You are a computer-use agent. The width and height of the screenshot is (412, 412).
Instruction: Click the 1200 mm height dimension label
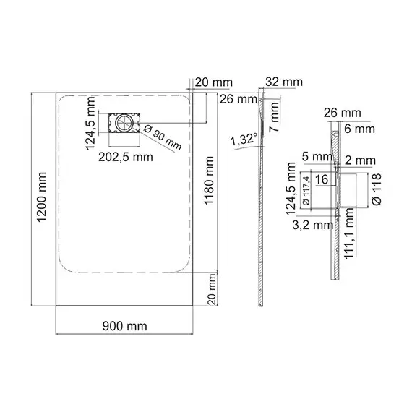coord(41,197)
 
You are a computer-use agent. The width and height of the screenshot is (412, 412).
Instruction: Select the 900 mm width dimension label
coord(125,326)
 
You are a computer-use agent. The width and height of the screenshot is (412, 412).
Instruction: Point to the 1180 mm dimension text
coord(209,181)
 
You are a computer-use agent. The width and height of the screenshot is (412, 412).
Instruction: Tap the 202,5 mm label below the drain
coord(126,157)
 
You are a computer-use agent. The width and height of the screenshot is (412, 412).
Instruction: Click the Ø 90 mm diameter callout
coord(163,137)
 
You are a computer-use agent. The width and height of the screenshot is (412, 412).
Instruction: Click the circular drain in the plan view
coord(123,123)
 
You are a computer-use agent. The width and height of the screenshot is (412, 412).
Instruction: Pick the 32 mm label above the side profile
coord(284,82)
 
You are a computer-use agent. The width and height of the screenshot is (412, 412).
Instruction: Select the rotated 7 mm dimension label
coord(275,117)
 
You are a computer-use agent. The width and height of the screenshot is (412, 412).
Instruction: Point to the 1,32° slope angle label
coord(244,139)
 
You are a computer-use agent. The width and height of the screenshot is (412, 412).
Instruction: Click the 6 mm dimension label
coord(359,129)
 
